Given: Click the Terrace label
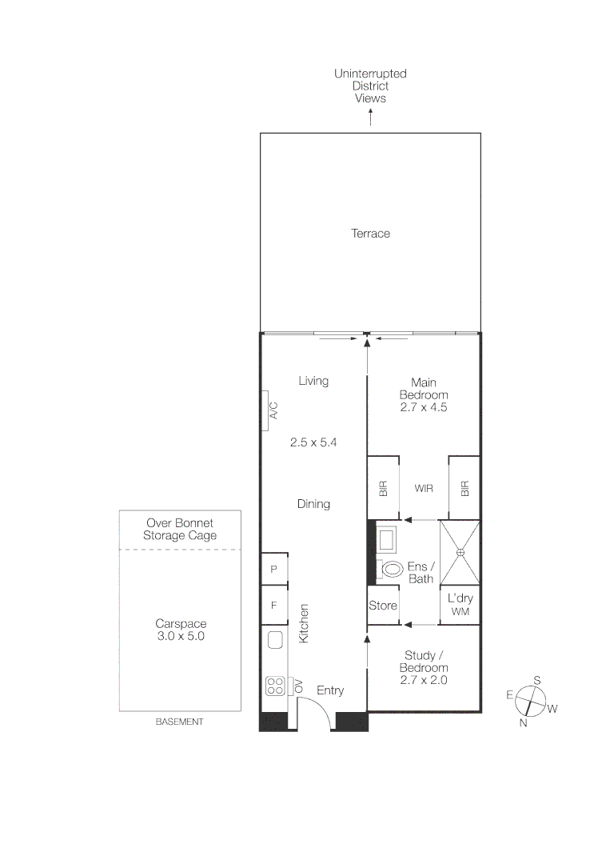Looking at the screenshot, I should pyautogui.click(x=370, y=234).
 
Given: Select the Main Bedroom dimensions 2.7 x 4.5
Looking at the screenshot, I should pyautogui.click(x=424, y=407).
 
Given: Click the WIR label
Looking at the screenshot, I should pyautogui.click(x=424, y=488).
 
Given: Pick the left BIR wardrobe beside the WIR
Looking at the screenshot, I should pyautogui.click(x=383, y=488).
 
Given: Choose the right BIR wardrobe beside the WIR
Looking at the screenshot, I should pyautogui.click(x=464, y=488).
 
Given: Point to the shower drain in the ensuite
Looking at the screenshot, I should pyautogui.click(x=460, y=553).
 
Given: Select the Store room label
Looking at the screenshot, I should pyautogui.click(x=383, y=606).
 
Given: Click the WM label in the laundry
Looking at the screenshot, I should pyautogui.click(x=460, y=612).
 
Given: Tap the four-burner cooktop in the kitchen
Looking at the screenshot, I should pyautogui.click(x=275, y=686).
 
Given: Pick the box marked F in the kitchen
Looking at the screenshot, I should pyautogui.click(x=273, y=606).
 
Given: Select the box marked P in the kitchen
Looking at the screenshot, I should pyautogui.click(x=273, y=570).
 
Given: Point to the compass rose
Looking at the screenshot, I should pyautogui.click(x=529, y=701).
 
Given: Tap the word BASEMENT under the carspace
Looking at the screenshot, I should pyautogui.click(x=180, y=722).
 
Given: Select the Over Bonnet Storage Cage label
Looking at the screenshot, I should pyautogui.click(x=180, y=530).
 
